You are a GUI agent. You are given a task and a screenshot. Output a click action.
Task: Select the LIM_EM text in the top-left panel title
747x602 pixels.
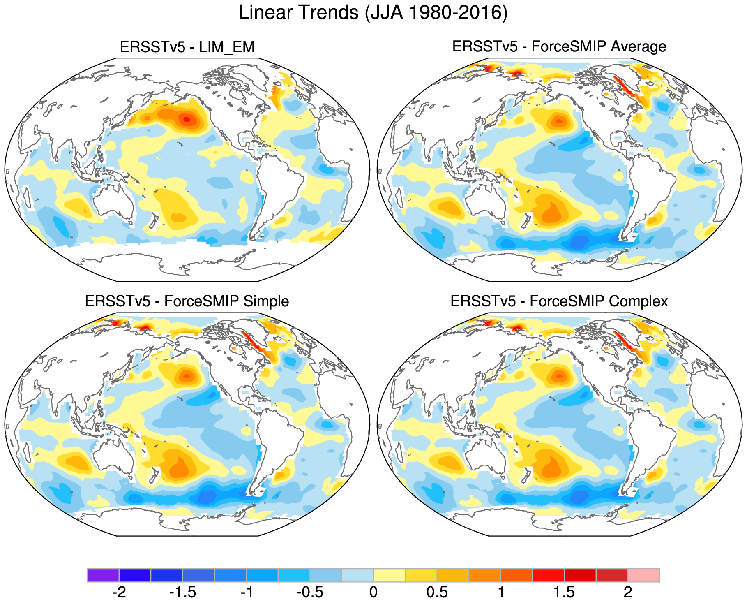pos(227,47)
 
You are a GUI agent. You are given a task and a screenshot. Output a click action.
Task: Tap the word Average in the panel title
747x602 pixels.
pos(639,46)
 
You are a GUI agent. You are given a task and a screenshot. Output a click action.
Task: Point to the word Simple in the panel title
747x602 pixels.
pos(266,301)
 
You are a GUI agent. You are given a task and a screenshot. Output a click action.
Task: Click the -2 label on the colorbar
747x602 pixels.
pos(119,593)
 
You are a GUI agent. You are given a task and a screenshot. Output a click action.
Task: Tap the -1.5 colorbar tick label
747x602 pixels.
pos(183,593)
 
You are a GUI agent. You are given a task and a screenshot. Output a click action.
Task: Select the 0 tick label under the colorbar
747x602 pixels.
pos(373,593)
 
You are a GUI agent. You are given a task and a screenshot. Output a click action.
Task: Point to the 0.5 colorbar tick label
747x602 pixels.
pos(437,593)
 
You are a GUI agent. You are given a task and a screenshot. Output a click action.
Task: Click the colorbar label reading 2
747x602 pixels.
pos(627,593)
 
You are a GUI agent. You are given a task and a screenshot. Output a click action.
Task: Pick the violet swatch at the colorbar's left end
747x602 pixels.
pos(103,575)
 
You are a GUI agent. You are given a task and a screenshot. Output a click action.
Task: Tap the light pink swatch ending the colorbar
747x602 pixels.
pos(643,575)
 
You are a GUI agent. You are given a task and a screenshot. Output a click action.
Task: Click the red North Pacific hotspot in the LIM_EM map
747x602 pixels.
pos(187,120)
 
